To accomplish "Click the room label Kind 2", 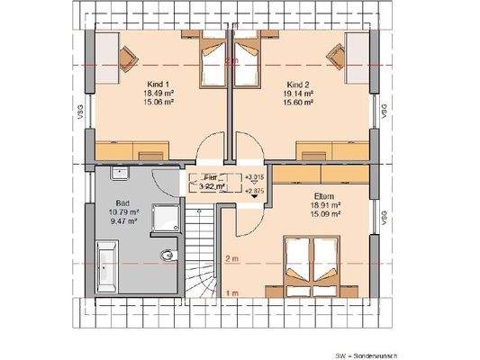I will pyautogui.click(x=302, y=82).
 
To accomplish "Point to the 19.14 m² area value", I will pyautogui.click(x=302, y=93).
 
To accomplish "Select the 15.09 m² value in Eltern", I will pyautogui.click(x=324, y=214).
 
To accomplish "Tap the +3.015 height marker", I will pyautogui.click(x=255, y=177).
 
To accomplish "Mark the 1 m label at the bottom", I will pyautogui.click(x=232, y=292).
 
